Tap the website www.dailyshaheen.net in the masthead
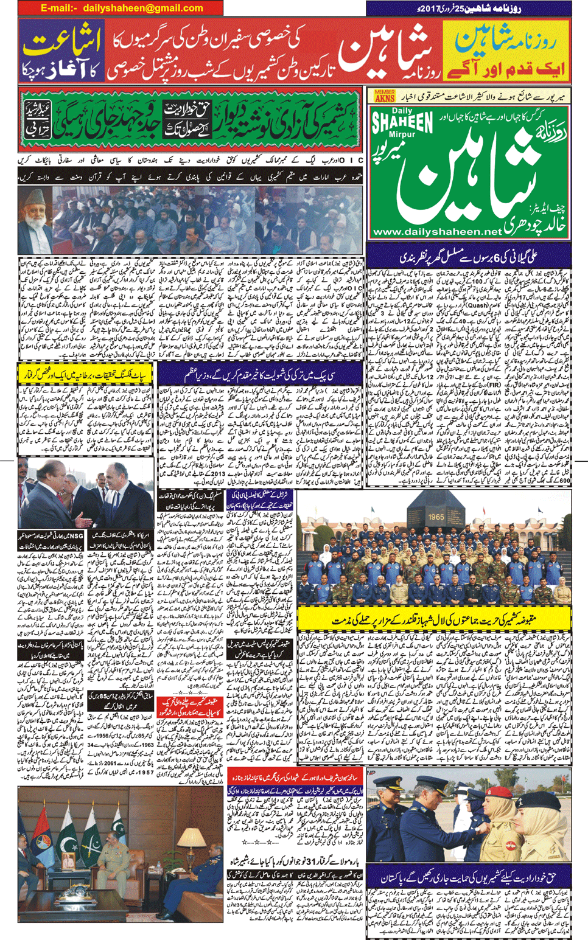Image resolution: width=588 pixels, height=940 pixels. [x=437, y=232]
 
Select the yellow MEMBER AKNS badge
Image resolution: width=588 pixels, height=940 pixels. [x=385, y=96]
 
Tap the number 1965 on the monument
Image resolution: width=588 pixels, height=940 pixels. [x=436, y=517]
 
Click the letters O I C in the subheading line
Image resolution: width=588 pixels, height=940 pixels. [x=352, y=160]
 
